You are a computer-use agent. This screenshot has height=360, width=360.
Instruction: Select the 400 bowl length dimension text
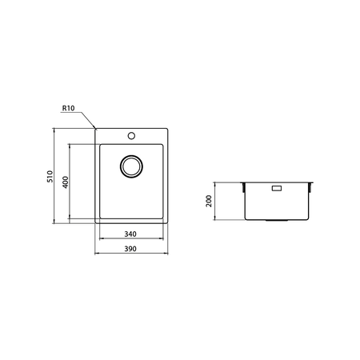point(64,182)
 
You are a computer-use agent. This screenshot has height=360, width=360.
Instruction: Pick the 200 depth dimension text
point(210,200)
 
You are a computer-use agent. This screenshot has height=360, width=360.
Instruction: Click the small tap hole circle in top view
point(132,135)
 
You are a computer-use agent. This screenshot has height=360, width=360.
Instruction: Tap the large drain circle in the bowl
point(131,166)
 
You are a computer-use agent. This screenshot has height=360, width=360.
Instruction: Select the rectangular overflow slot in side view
point(278,190)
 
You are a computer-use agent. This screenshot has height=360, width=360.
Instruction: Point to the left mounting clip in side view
point(243,187)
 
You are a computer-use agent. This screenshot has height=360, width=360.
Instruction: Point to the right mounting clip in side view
point(313,187)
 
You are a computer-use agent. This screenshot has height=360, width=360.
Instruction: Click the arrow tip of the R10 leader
point(96,128)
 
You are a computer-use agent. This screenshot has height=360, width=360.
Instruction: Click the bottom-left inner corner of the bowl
point(100,219)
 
